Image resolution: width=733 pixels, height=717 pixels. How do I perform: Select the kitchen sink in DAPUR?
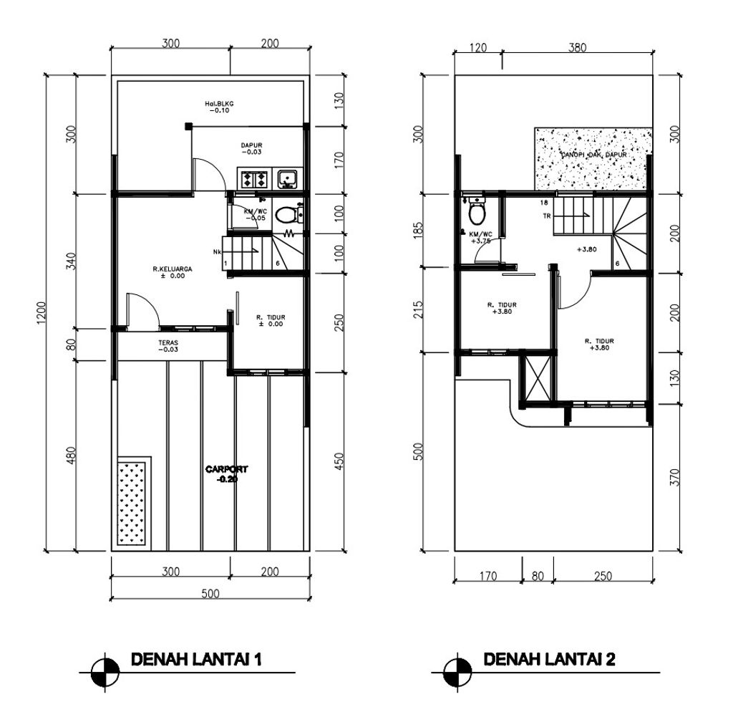[288, 178]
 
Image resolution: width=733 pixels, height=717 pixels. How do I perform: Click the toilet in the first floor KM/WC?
[286, 214]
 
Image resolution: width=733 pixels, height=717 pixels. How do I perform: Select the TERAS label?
[169, 346]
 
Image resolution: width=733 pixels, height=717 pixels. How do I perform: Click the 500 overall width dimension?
[210, 593]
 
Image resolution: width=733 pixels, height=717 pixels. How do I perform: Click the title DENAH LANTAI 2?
[550, 659]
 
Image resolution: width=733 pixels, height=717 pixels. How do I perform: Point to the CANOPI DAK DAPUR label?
[594, 155]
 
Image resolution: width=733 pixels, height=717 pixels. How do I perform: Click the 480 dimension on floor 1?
[71, 456]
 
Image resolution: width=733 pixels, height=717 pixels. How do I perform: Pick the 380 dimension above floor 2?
[577, 48]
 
